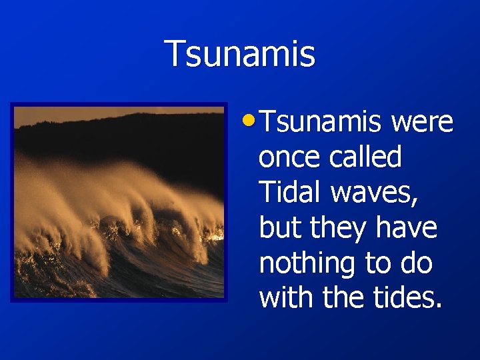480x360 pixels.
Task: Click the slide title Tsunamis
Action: coord(240,54)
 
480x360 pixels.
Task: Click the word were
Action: coord(423,123)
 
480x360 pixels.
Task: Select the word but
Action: coord(279,228)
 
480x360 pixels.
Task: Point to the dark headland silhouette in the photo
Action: coord(133,137)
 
